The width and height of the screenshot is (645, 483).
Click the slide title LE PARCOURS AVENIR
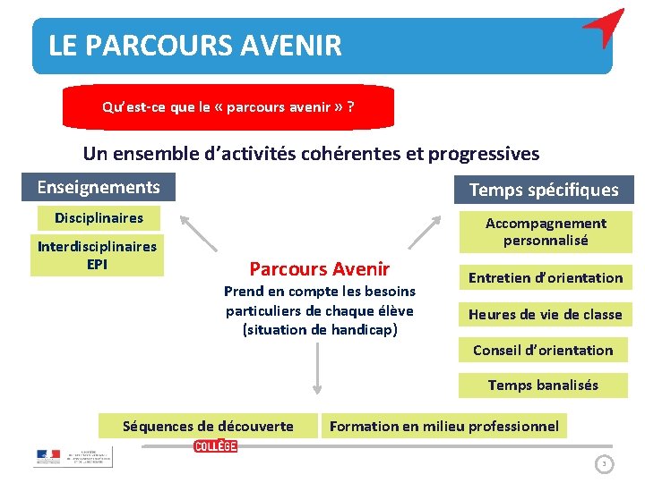[x=195, y=46]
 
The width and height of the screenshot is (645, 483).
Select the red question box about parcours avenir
[x=228, y=107]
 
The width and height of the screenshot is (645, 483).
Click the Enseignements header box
[x=99, y=187]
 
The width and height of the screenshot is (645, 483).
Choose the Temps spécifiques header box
[x=544, y=190]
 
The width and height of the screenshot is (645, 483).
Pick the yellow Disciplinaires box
[x=99, y=218]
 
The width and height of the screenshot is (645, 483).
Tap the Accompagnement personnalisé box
[x=546, y=232]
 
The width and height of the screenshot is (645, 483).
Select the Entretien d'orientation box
[x=546, y=278]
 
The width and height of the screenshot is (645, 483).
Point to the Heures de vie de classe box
[x=545, y=314]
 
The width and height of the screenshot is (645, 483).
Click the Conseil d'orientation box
[x=543, y=350]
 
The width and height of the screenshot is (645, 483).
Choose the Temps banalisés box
[x=543, y=386]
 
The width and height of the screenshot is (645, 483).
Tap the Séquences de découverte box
[x=208, y=426]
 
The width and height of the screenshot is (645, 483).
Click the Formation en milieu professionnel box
[x=443, y=426]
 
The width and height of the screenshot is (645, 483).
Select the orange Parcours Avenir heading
[x=320, y=268]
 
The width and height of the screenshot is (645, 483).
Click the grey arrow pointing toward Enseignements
[x=198, y=232]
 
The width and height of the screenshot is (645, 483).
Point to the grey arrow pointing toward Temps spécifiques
[x=427, y=232]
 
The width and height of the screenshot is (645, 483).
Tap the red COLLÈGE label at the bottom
[x=216, y=446]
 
